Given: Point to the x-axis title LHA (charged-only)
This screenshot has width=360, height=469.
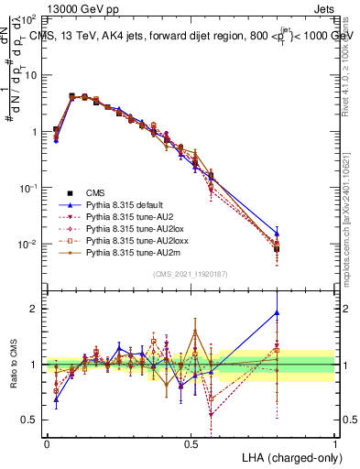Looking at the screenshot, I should point(283,456).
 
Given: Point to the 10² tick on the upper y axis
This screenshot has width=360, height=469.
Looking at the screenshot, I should point(29,19).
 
